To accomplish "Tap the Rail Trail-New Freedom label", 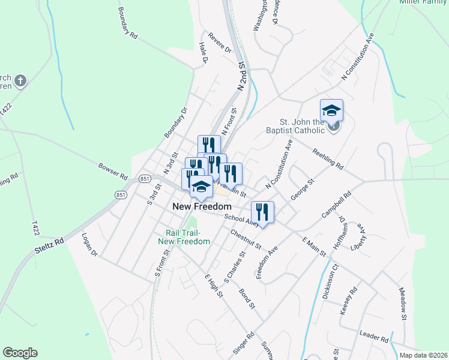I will [x=184, y=237].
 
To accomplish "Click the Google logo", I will [x=20, y=353].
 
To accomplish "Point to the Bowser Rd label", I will [x=113, y=170].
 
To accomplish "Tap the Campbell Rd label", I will [x=336, y=206].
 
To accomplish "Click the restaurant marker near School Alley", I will [x=262, y=212].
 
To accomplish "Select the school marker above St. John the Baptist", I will [x=331, y=110].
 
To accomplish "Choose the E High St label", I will [x=214, y=287].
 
